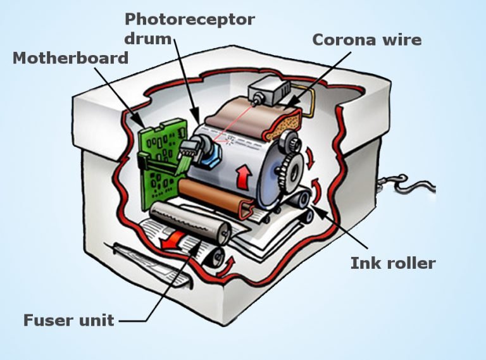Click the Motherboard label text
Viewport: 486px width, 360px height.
[x=71, y=58]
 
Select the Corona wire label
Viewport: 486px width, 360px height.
[x=367, y=39]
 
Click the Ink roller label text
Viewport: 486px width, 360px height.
[x=393, y=263]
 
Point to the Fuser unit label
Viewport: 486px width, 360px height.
[x=68, y=320]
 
